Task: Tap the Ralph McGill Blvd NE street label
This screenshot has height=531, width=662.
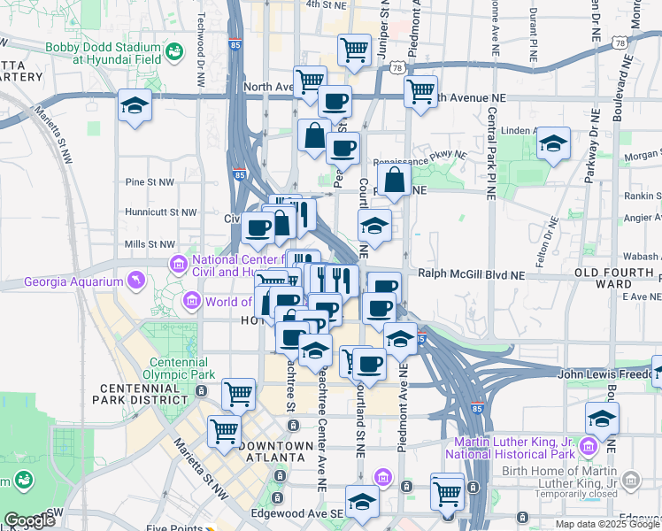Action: coord(471,275)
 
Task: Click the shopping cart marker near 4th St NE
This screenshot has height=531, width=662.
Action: coord(354,49)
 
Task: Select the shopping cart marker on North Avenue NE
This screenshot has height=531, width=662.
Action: coord(420,90)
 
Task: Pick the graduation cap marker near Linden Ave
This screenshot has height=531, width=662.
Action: coord(553,143)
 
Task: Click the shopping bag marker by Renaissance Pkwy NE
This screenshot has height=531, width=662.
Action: coord(395,179)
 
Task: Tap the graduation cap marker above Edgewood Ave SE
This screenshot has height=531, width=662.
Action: coord(362,502)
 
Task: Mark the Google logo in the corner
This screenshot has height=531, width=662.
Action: coord(29,520)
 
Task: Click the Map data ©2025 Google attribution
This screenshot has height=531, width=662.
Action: coord(605,524)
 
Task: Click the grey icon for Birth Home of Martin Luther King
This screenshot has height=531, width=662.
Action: coord(631,481)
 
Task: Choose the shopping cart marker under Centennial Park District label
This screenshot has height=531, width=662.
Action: coord(237,392)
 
